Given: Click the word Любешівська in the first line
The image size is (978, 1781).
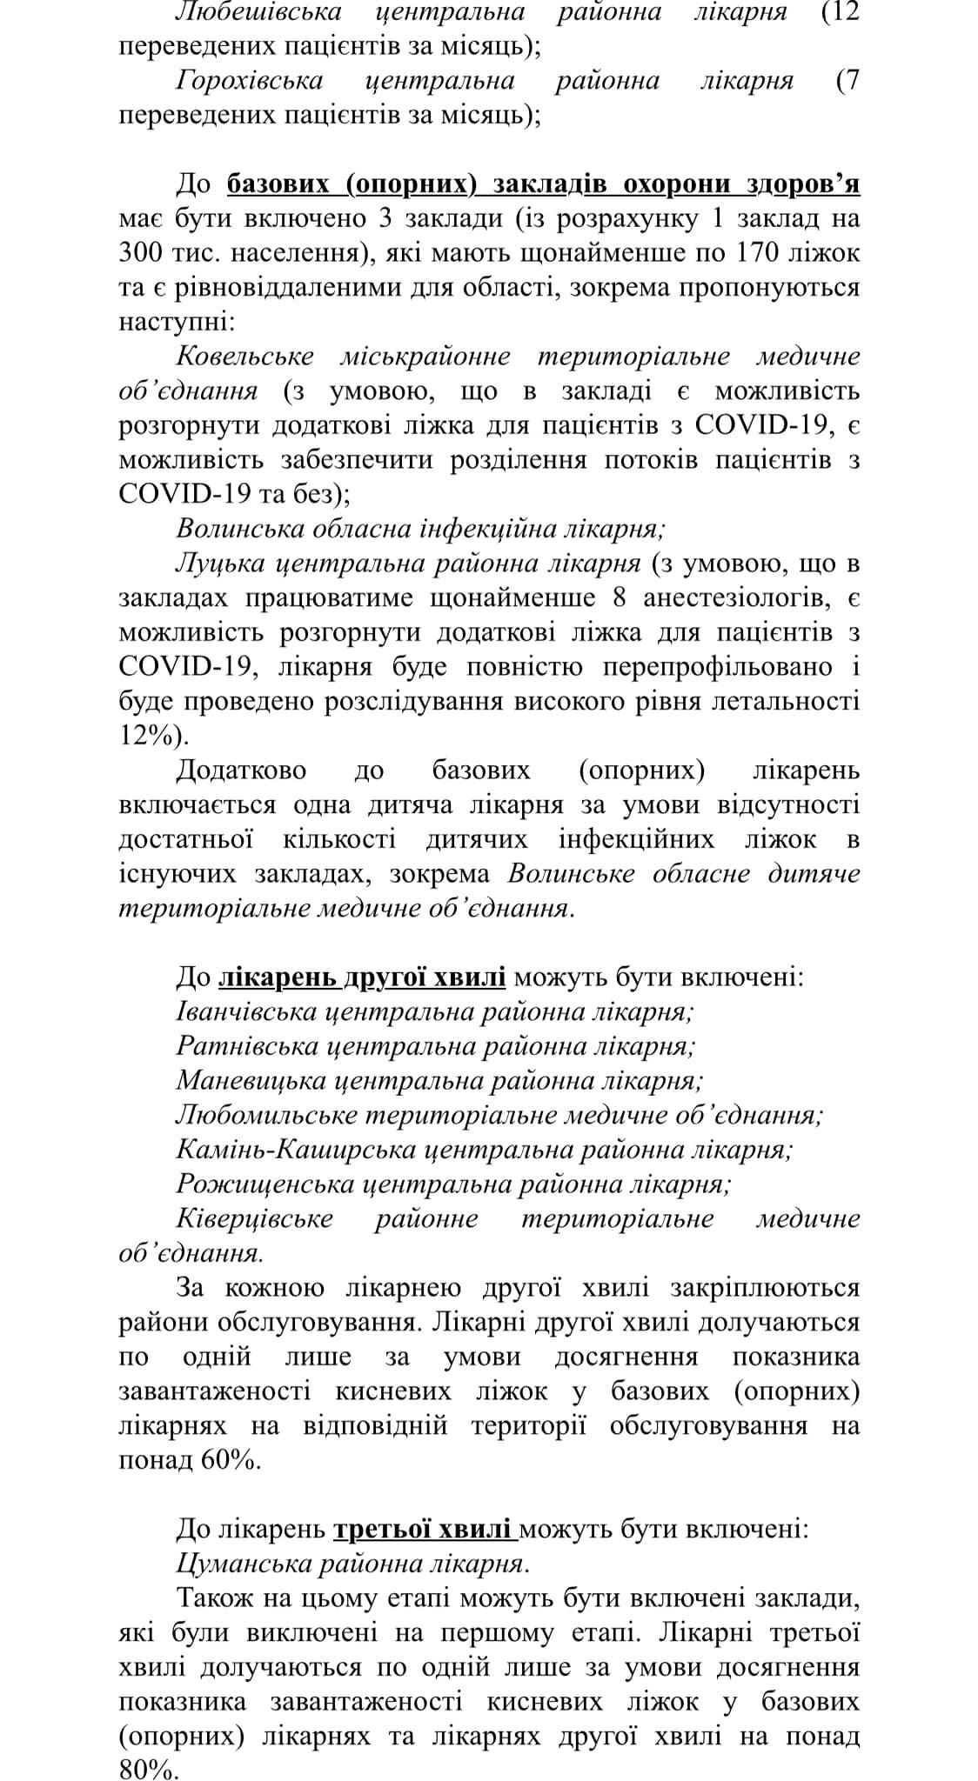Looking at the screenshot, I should tap(258, 12).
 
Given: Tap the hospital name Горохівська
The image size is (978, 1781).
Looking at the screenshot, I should tap(249, 81).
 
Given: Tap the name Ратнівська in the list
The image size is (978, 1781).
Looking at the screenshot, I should tap(247, 1046).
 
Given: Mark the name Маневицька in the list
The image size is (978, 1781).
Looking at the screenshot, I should tap(251, 1081).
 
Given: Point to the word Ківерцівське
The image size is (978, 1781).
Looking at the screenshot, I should tap(254, 1218).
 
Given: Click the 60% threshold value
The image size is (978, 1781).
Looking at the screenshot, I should tap(228, 1460).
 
